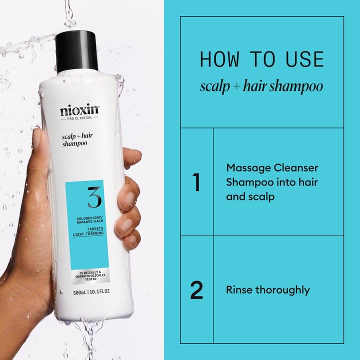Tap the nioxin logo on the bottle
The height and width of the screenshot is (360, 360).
(x=80, y=108)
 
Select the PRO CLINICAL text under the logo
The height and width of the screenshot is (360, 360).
(x=80, y=118)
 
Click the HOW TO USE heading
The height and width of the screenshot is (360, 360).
(x=261, y=59)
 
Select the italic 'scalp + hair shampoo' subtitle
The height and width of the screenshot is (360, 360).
(x=261, y=86)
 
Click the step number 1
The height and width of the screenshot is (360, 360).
(x=196, y=182)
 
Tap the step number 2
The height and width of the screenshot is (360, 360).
(x=196, y=290)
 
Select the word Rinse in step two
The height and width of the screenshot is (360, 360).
(x=239, y=290)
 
